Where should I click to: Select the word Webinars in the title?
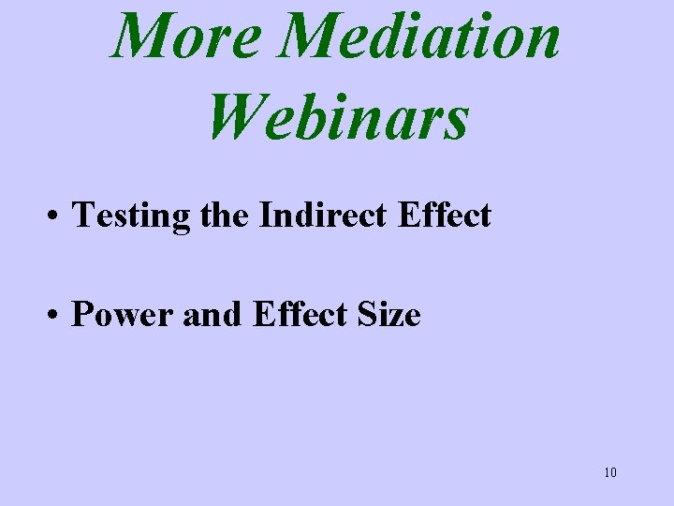338,117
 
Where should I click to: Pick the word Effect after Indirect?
444,215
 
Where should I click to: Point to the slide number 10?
610,472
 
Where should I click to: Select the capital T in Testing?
82,215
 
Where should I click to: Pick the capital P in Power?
81,315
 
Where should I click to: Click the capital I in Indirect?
265,215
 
